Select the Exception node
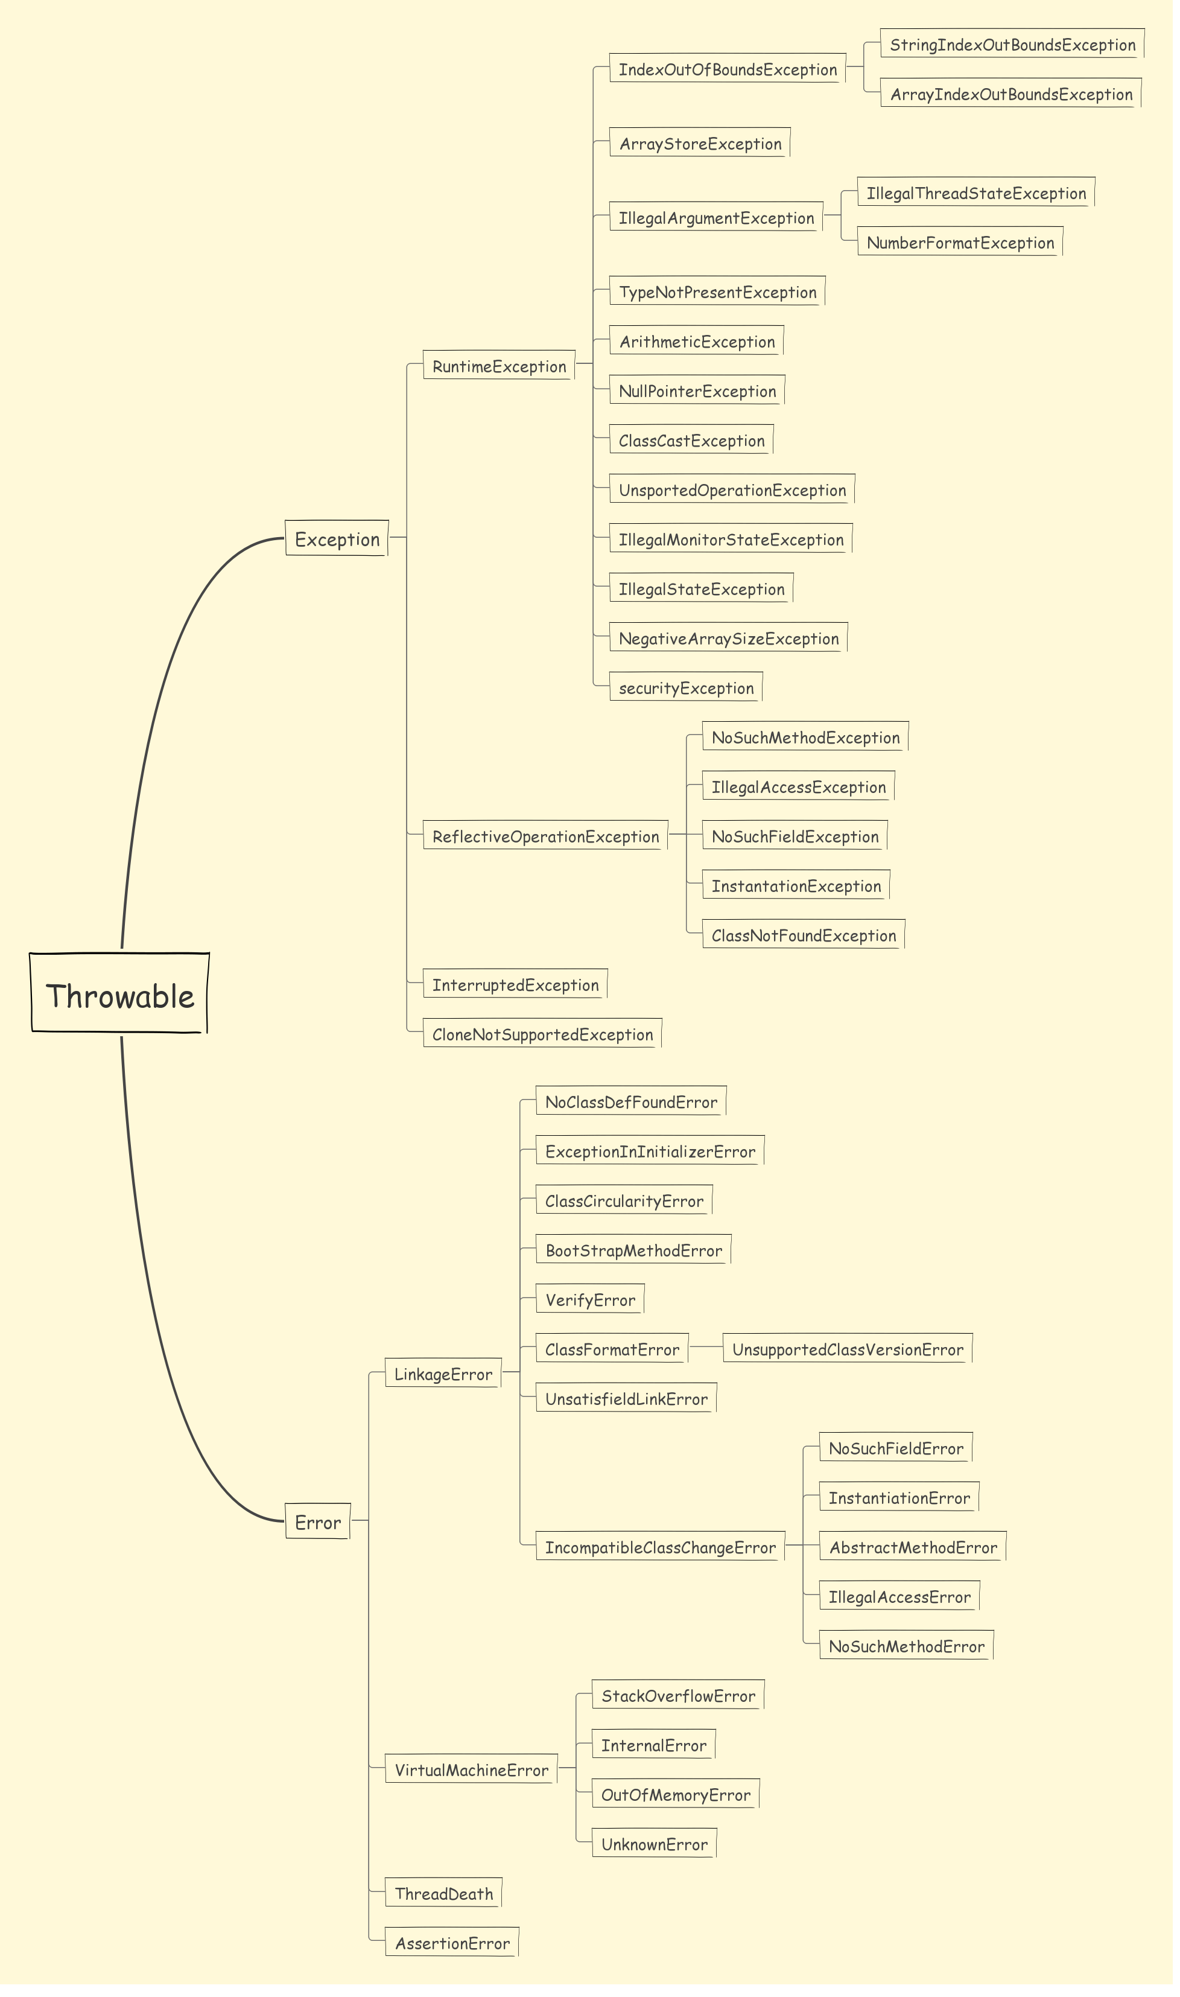coord(337,538)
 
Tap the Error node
coord(317,1521)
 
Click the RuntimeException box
coord(498,365)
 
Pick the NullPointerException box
coord(697,390)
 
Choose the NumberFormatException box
coord(960,242)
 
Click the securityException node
coord(685,687)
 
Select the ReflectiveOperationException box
coord(545,835)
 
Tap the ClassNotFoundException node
coord(803,934)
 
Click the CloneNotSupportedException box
coord(542,1033)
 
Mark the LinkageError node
coord(443,1374)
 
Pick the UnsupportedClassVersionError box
coord(847,1349)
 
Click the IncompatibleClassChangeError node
coord(660,1547)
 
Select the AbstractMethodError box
coord(912,1547)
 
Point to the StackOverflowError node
coord(677,1695)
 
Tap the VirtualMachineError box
coord(471,1769)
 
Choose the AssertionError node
coord(452,1943)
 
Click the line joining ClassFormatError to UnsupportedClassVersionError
coord(705,1347)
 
